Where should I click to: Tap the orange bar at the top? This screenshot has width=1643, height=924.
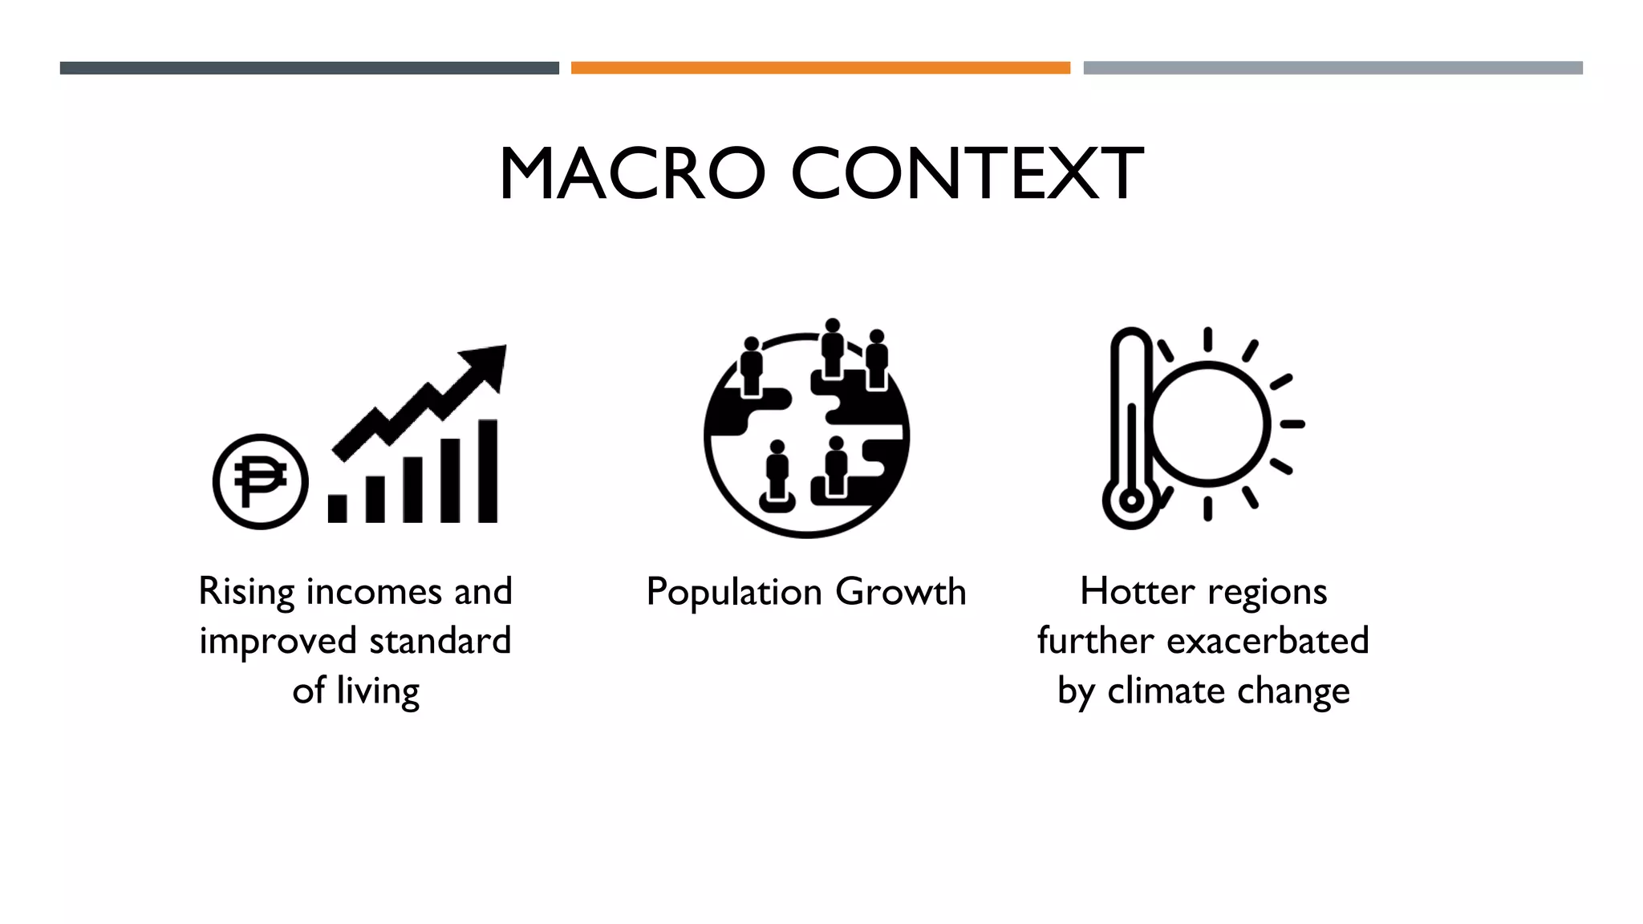pyautogui.click(x=820, y=68)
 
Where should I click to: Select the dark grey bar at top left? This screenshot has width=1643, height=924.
pyautogui.click(x=309, y=68)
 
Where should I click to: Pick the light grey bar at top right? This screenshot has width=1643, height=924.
pyautogui.click(x=1333, y=68)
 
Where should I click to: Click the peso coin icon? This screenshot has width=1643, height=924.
pyautogui.click(x=260, y=481)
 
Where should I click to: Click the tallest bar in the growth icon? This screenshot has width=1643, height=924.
pyautogui.click(x=488, y=471)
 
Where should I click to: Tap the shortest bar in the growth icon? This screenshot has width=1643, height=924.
pyautogui.click(x=338, y=509)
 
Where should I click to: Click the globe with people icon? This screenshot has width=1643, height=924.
pyautogui.click(x=806, y=433)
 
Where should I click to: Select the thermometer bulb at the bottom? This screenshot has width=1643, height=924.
pyautogui.click(x=1130, y=500)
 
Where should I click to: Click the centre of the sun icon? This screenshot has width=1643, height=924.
pyautogui.click(x=1209, y=423)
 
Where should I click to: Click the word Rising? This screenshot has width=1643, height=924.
pyautogui.click(x=247, y=593)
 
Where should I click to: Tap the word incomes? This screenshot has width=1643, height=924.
pyautogui.click(x=374, y=593)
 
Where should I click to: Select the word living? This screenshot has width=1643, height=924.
pyautogui.click(x=378, y=691)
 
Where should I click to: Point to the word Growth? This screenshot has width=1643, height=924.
pyautogui.click(x=900, y=593)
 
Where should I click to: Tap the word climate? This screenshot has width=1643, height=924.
pyautogui.click(x=1166, y=691)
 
